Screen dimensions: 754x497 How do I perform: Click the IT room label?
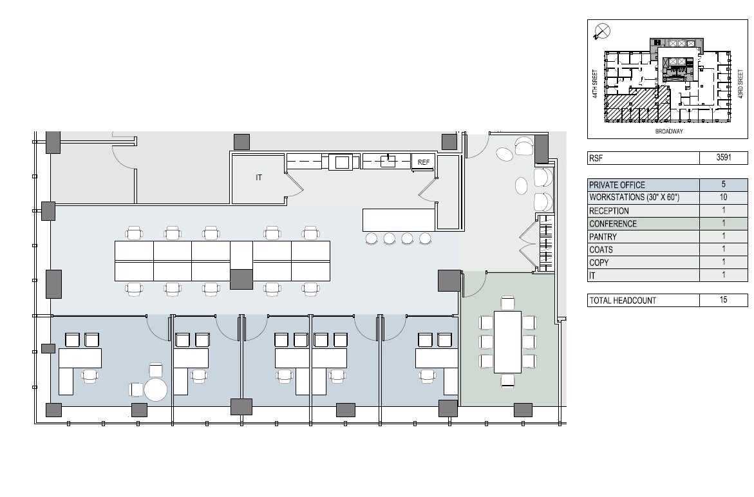click(259, 178)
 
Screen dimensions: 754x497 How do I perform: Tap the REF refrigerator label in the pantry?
click(424, 162)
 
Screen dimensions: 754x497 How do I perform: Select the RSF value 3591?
click(724, 157)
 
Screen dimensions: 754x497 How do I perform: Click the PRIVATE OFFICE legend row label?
click(617, 185)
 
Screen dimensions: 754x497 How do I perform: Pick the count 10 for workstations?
click(723, 197)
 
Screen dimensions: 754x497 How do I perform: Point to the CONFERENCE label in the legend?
click(612, 224)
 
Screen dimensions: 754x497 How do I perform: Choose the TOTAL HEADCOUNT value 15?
click(723, 299)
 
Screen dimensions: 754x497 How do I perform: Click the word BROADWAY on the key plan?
click(669, 131)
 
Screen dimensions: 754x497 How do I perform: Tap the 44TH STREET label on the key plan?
click(595, 84)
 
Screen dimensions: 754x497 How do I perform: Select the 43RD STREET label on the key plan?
click(740, 84)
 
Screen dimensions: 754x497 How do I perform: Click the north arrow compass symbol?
click(602, 32)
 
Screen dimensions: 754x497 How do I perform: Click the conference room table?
click(508, 342)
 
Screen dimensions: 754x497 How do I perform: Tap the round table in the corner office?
click(156, 390)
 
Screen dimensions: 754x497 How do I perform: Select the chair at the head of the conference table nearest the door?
click(508, 303)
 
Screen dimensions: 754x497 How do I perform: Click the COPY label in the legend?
click(599, 263)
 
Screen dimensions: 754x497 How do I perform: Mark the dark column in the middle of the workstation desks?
click(241, 279)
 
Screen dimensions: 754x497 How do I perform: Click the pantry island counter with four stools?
click(399, 220)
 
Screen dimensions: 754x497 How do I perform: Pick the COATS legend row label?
click(601, 250)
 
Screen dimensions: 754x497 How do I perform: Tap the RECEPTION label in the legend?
click(608, 211)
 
